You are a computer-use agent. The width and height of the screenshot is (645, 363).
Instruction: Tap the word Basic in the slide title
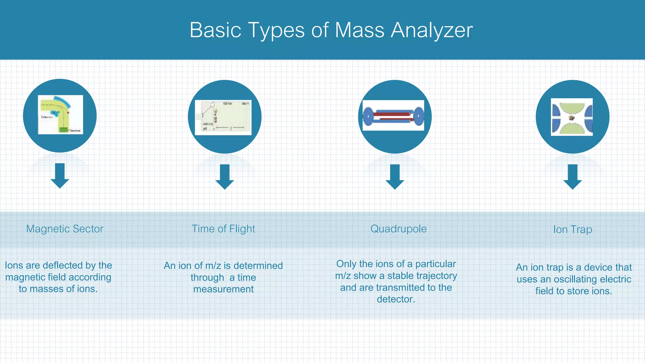coord(215,31)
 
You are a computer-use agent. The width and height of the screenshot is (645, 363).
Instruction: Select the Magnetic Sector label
coord(65,229)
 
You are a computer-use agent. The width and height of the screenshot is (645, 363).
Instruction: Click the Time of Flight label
coord(223,229)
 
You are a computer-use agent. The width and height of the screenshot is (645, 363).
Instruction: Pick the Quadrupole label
coord(398,229)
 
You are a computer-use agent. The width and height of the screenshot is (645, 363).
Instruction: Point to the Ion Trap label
coord(573,229)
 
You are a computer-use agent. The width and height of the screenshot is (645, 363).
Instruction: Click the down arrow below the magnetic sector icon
coord(60,176)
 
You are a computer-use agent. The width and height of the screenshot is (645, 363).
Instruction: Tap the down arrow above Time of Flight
coord(225,176)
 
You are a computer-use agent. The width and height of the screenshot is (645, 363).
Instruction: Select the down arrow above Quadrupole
coord(395,176)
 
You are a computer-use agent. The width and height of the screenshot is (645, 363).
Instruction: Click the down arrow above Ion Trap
coord(572,176)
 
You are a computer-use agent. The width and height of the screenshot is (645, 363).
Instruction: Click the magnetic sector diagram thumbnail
coord(60,115)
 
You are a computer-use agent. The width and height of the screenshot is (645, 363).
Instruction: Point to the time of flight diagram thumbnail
coord(223,117)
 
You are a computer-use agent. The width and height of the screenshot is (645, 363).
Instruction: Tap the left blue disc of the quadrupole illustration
coord(368,116)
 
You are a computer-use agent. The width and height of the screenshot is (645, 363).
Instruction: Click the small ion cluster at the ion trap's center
coord(572,118)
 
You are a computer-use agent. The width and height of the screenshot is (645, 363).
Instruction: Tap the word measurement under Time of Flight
coord(223,289)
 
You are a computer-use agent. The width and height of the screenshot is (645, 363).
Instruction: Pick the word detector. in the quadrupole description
coord(396,299)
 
